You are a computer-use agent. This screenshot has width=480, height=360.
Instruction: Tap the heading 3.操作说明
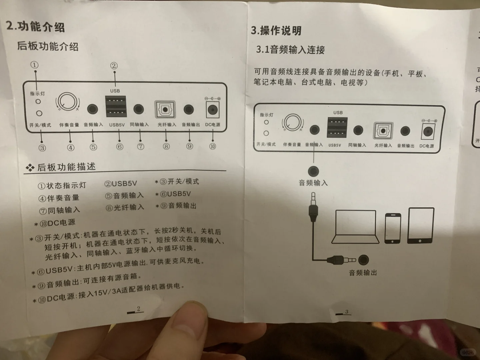click(x=276, y=31)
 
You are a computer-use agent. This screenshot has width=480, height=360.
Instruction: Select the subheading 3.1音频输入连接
click(x=290, y=50)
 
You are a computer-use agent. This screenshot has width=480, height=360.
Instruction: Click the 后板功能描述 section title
click(x=66, y=167)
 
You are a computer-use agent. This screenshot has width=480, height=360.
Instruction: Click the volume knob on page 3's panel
click(x=292, y=123)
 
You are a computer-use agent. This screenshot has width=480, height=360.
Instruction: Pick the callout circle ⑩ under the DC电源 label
click(x=212, y=146)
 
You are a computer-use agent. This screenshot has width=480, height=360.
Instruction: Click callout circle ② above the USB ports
click(x=114, y=66)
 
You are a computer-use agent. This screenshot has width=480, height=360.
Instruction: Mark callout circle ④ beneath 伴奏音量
click(x=71, y=147)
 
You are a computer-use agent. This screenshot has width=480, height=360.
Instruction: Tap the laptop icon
click(x=355, y=227)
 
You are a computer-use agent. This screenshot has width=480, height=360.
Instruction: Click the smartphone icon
click(x=393, y=229)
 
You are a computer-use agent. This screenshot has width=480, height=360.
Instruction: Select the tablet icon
click(x=421, y=225)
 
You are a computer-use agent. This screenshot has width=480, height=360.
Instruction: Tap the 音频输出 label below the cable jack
click(x=363, y=273)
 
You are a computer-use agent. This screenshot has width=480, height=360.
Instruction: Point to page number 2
click(x=138, y=309)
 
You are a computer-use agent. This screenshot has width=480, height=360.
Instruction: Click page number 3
click(x=346, y=312)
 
